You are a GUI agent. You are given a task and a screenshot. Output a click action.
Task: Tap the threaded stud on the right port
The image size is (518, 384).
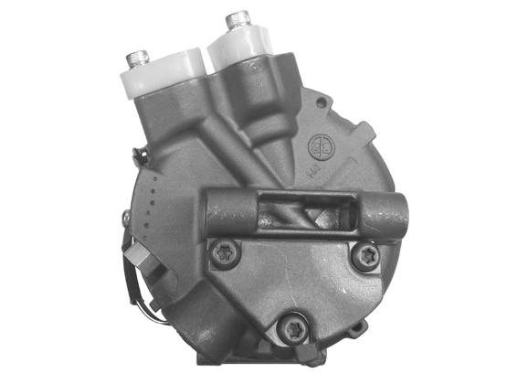[x=238, y=18]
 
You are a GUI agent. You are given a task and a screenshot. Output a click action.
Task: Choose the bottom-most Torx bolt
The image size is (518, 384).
[x=292, y=326]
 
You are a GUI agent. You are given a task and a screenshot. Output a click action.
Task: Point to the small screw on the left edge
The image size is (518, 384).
[x=126, y=218]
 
